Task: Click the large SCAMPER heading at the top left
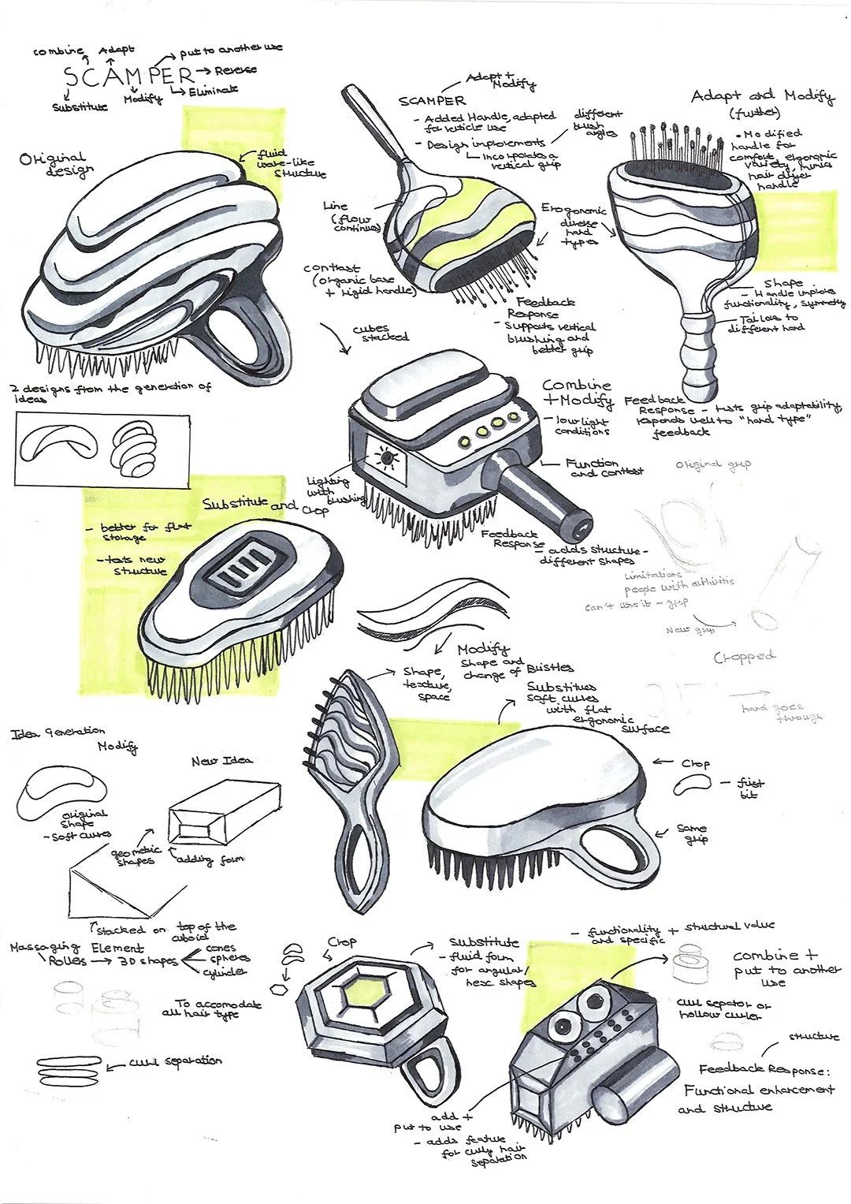tap(128, 77)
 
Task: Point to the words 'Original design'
tap(54, 164)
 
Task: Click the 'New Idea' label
tap(222, 761)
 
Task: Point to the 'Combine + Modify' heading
tap(577, 393)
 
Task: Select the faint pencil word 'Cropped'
tap(744, 657)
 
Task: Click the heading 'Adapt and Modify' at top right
tap(761, 96)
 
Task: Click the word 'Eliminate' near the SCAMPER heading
tap(214, 91)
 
